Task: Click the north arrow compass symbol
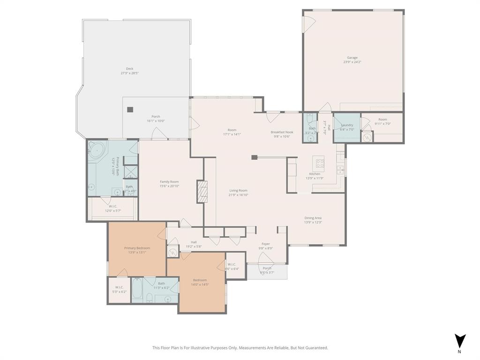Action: tap(460, 341)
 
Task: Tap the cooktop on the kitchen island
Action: tap(320, 164)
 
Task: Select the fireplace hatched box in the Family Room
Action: tap(202, 192)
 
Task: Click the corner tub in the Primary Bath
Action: tap(97, 150)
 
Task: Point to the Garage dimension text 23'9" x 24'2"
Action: tap(352, 62)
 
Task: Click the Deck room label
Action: tap(129, 68)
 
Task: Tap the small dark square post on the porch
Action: tap(130, 110)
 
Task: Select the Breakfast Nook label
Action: tap(280, 132)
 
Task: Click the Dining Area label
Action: tap(313, 218)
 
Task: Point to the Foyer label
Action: tap(266, 244)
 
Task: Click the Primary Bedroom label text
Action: tap(137, 248)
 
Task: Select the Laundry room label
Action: tap(347, 125)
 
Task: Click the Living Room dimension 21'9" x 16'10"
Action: tap(238, 195)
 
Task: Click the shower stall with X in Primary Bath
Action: tap(131, 171)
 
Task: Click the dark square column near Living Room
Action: tap(254, 157)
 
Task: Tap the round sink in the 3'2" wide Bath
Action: tap(310, 138)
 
